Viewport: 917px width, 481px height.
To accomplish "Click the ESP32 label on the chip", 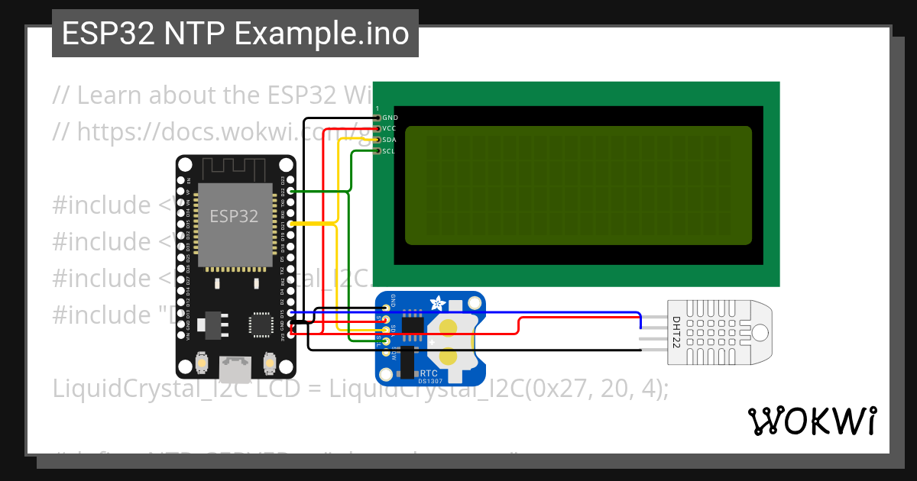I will pos(235,216).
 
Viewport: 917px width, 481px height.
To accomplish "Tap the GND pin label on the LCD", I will pos(390,118).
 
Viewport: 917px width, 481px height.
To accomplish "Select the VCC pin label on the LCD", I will pos(390,129).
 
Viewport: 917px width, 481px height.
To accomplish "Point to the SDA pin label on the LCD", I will pos(390,140).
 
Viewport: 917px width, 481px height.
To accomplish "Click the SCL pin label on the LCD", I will pos(390,151).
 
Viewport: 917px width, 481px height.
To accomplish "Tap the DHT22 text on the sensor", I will pos(676,334).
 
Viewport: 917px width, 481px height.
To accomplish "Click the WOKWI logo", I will pos(812,421).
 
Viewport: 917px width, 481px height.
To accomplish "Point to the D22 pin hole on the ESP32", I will pos(290,191).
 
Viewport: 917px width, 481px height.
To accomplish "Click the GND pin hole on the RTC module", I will pos(387,308).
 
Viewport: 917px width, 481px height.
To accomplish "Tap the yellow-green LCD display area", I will pos(578,186).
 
